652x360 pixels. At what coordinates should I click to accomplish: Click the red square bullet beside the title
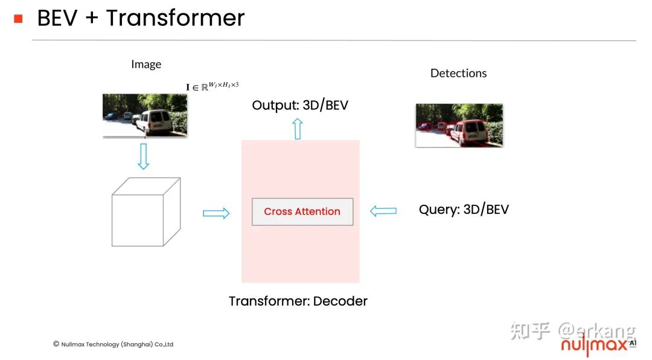coord(18,19)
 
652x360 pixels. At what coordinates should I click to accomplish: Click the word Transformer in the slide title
coord(175,18)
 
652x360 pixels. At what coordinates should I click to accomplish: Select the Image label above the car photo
coord(146,64)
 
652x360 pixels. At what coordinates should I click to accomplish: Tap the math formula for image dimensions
coord(216,86)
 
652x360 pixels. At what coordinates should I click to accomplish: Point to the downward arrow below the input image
coord(143,156)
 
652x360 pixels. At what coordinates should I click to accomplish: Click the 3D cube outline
coord(145,212)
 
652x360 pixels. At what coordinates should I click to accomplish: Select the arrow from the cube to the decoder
coord(216,213)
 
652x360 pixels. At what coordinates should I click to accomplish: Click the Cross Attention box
coord(302,211)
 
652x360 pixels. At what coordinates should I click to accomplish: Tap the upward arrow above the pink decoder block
coord(297,129)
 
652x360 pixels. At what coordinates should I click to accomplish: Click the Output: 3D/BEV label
coord(300,105)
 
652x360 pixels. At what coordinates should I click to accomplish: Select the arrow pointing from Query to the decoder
coord(383,211)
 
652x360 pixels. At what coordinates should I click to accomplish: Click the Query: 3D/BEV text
coord(464,210)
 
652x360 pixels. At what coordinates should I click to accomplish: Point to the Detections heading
coord(458,73)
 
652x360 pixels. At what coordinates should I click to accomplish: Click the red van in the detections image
coord(467,132)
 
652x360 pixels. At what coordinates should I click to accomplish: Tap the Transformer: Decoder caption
coord(298,301)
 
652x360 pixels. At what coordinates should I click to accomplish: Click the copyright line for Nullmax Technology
coord(113,344)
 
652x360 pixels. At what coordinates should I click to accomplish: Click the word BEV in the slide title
coord(57,18)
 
